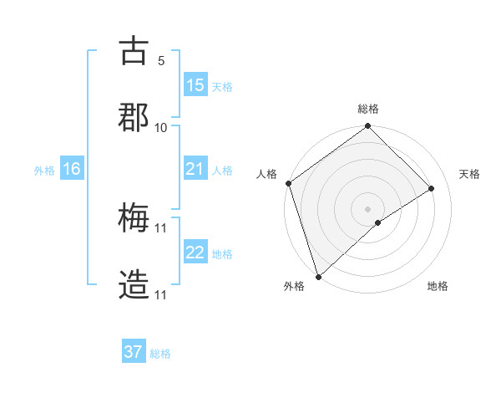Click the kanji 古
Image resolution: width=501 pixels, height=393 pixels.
pos(134,52)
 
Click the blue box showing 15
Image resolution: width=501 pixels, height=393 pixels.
pos(195,85)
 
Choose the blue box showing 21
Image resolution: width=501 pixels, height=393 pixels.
pos(195,169)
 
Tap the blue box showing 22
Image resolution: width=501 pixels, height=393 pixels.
pos(195,253)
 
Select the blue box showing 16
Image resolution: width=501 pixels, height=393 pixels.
pos(72,169)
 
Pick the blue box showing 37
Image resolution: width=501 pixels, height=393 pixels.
pos(134,352)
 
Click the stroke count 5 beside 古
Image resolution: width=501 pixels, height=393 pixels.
pos(160,60)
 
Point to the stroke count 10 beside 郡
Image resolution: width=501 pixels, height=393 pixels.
pos(161,127)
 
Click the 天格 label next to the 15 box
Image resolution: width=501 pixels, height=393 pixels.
pos(222,86)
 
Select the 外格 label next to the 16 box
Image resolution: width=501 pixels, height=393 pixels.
pos(44,170)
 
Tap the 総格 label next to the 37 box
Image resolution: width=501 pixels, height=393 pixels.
pos(160,353)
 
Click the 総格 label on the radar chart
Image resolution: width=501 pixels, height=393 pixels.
pos(368,109)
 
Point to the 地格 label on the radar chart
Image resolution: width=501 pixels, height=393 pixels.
pos(438,286)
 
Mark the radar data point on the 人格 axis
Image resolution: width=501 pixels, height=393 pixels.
pos(288,183)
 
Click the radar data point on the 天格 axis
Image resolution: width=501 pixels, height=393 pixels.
pos(432,188)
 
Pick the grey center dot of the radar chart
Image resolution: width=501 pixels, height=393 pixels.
pos(367,207)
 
